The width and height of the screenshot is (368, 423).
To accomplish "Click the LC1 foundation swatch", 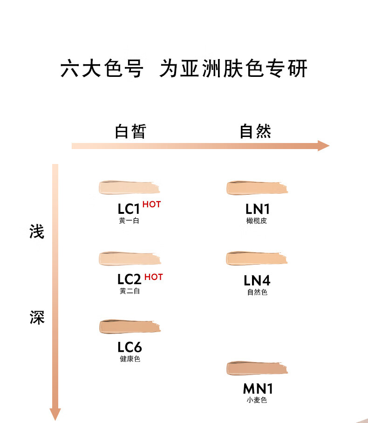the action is [x=129, y=187].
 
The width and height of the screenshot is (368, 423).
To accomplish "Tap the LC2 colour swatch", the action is [x=130, y=259].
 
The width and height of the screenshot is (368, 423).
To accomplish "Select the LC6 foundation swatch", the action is [x=130, y=327].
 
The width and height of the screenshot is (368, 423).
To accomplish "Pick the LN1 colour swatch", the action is [x=257, y=187].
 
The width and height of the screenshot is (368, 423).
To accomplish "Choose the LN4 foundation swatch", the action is [x=257, y=258].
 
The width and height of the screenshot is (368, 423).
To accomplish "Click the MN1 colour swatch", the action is [x=257, y=368].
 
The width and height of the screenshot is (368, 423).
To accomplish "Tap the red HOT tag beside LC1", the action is [x=151, y=205].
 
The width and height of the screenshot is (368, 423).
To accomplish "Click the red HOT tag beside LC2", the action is [x=154, y=277].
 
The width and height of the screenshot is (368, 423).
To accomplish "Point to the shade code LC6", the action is [x=129, y=347].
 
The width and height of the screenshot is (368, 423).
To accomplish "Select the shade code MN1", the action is [x=258, y=389].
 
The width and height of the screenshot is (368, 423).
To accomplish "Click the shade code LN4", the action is [x=257, y=280].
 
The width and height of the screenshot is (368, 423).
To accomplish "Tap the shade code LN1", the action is [x=258, y=209].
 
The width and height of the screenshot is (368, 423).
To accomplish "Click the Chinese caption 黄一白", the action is [x=129, y=221].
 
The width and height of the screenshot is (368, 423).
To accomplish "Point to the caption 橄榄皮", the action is [x=257, y=221].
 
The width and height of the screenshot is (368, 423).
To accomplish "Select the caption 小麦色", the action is [x=257, y=400].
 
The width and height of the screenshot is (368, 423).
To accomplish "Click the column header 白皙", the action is [x=130, y=131].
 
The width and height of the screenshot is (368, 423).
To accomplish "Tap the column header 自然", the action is [x=255, y=131].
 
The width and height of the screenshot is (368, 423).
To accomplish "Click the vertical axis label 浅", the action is [x=37, y=232].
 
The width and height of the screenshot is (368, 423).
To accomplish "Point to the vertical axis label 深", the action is [x=37, y=317].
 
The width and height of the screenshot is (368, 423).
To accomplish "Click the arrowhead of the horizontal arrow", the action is [x=323, y=146].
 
